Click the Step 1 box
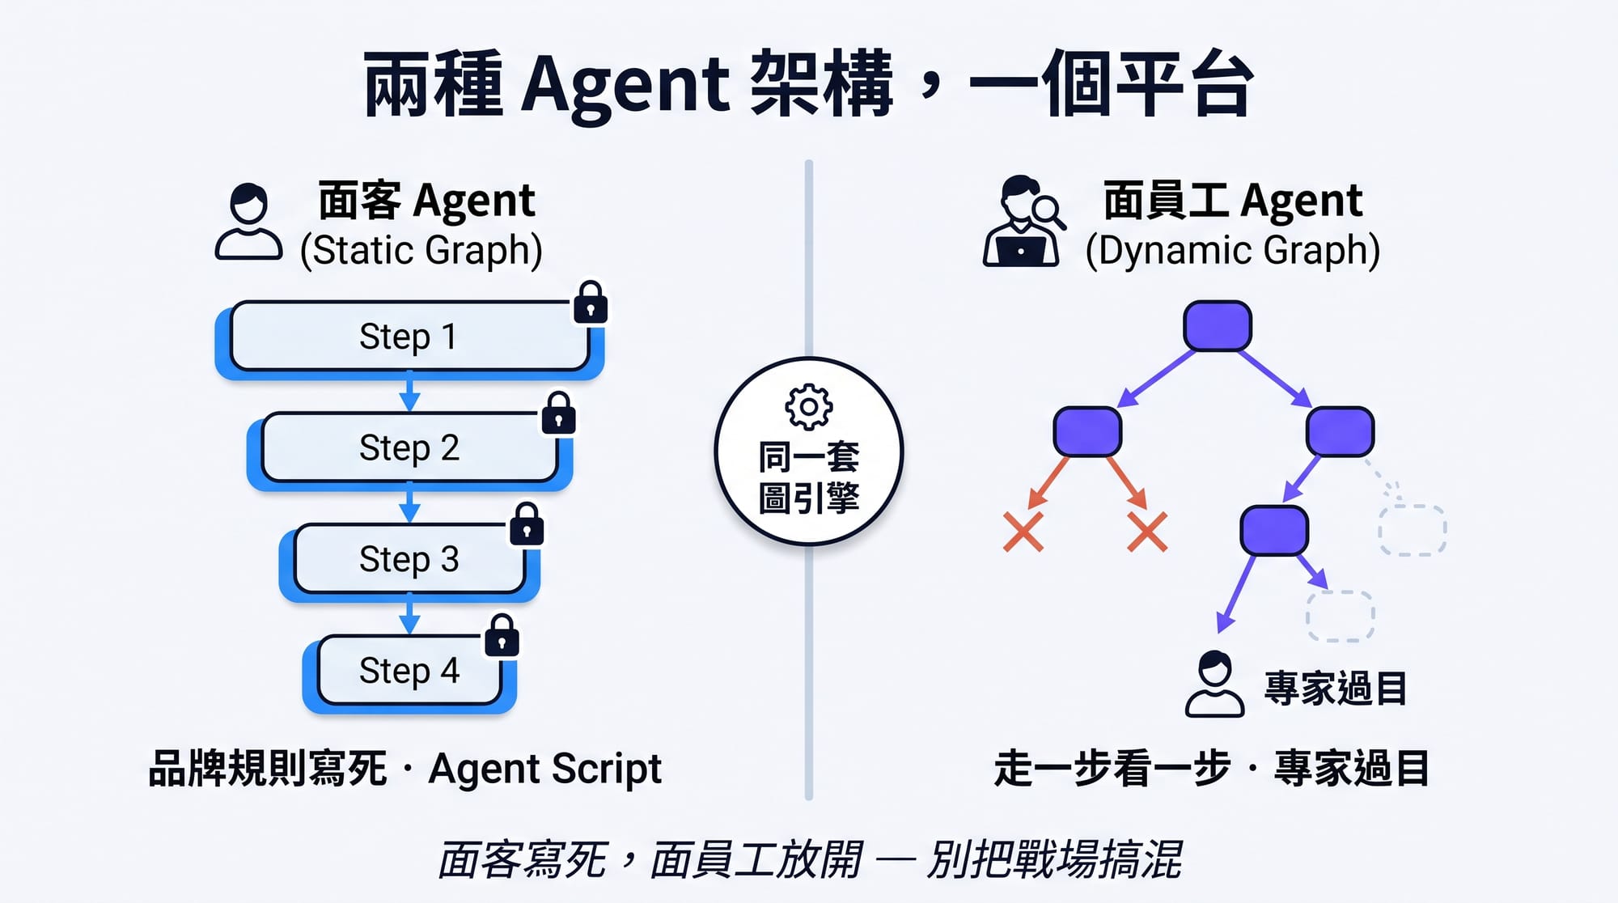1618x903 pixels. (x=409, y=337)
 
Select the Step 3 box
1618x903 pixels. (x=409, y=559)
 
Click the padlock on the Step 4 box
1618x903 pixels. (x=502, y=636)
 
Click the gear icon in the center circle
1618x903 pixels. (x=808, y=407)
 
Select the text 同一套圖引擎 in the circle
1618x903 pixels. (x=808, y=477)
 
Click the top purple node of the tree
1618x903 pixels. (x=1217, y=326)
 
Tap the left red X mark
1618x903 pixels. (x=1023, y=532)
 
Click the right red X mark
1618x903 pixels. (x=1147, y=532)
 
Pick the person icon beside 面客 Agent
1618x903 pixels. (x=248, y=222)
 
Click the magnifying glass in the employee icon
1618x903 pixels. (x=1048, y=211)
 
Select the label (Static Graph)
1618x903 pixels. (x=421, y=250)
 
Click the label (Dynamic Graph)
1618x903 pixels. (x=1232, y=250)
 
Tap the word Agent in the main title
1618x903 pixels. (x=625, y=85)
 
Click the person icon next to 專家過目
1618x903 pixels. (x=1214, y=684)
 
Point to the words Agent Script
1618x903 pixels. (x=544, y=769)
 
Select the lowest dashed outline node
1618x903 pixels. (x=1340, y=616)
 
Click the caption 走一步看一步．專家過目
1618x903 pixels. (x=1211, y=769)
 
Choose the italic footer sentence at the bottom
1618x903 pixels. (x=809, y=859)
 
